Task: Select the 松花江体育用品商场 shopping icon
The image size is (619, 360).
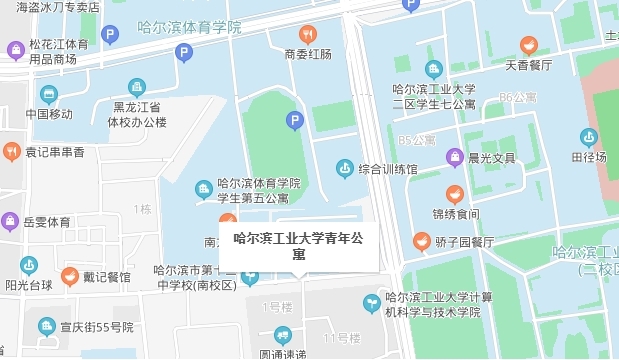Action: coord(16,50)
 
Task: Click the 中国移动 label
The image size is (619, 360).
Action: coord(50,113)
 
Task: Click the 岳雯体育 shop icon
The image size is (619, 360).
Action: coord(11,220)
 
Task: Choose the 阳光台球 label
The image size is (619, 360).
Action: coord(29,283)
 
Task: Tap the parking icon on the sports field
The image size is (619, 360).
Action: coord(294,121)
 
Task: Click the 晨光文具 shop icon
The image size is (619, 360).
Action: coord(454,157)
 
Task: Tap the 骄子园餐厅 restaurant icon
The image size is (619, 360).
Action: coord(422,241)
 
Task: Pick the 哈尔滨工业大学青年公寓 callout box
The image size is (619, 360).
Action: coord(298,246)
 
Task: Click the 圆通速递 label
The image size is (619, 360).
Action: coord(284,353)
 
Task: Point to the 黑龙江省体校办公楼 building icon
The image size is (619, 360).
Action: coord(137,88)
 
